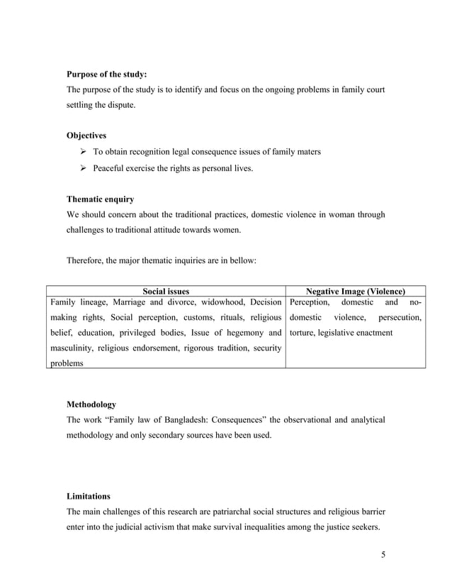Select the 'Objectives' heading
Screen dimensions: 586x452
point(86,135)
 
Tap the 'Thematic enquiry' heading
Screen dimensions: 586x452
point(100,199)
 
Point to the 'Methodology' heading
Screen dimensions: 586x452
point(91,404)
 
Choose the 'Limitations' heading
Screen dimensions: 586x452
point(89,496)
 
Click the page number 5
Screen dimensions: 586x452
point(383,554)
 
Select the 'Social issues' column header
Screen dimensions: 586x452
point(166,291)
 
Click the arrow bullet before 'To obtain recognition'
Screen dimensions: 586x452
point(83,152)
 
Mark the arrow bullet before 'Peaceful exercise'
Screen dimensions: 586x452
point(83,169)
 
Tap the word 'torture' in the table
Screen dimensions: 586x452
point(303,333)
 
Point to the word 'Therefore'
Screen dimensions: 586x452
point(86,260)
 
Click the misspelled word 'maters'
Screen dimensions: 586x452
point(309,152)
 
